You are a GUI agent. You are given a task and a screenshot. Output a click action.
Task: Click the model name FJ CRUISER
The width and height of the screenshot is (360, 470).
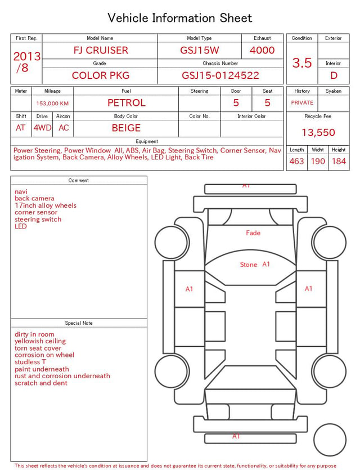[101, 50]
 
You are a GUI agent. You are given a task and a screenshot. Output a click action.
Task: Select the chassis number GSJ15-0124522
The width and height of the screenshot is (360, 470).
[220, 75]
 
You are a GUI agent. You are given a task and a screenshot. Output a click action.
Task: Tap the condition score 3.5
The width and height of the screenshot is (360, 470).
[302, 62]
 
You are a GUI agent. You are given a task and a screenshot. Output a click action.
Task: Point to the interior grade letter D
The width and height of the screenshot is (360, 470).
[334, 75]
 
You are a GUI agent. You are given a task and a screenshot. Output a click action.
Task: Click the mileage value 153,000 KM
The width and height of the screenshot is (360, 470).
[52, 104]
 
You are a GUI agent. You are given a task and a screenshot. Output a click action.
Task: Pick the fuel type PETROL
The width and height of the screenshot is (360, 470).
[127, 103]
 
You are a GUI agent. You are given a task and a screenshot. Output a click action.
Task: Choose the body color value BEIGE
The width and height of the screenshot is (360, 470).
[126, 128]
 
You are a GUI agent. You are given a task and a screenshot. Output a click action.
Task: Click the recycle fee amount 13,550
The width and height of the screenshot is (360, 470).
[318, 132]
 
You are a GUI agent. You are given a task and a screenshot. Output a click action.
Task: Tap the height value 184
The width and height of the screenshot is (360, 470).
[339, 161]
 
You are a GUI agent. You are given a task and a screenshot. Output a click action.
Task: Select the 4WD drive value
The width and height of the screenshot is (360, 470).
[42, 128]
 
